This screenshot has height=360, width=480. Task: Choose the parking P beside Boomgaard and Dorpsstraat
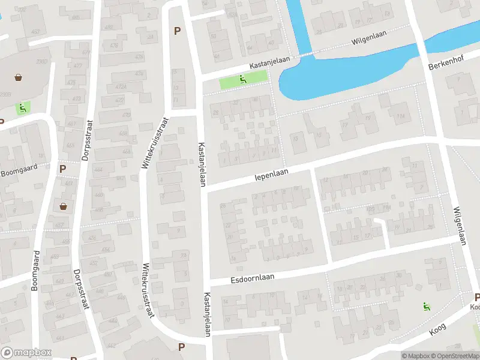pos(62,169)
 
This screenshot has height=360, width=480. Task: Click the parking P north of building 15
pos(176,31)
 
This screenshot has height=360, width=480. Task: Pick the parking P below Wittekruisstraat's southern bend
pos(181,347)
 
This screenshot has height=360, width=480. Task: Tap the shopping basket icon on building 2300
pos(19,77)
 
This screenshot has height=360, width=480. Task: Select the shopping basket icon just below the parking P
pos(63,206)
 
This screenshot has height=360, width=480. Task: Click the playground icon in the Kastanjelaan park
pos(242,79)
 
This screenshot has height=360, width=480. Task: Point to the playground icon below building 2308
pos(22,108)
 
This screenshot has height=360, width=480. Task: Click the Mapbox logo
pos(26,353)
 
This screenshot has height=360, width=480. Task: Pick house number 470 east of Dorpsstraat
pos(126,115)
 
